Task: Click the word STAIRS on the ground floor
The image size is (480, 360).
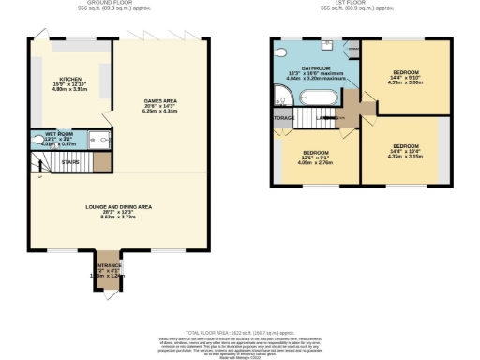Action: pos(70,161)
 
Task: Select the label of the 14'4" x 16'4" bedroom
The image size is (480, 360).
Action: pos(405,147)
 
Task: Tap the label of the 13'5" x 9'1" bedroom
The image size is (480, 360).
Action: pos(315,153)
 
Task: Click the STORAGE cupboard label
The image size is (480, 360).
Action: pos(283,118)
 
